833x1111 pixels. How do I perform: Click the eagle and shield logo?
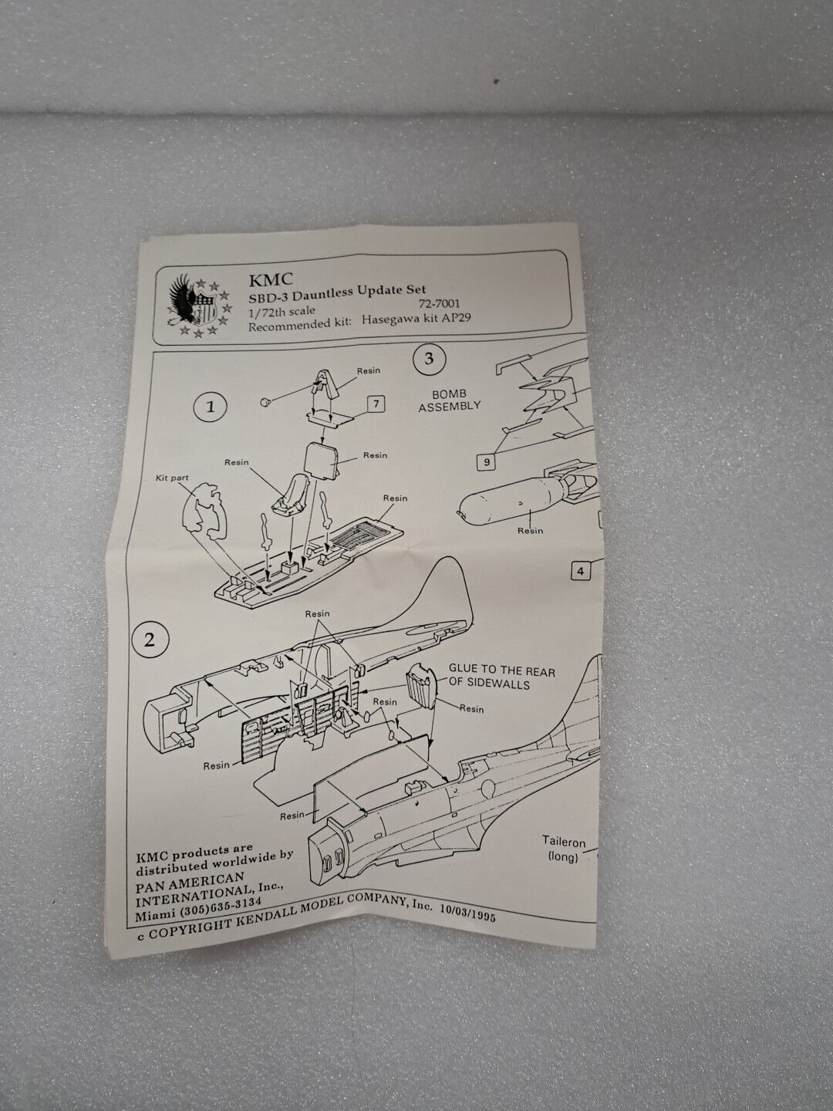click(199, 306)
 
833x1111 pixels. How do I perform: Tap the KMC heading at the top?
click(271, 279)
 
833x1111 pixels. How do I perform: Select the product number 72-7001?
click(439, 304)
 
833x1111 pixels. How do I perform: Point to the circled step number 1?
click(211, 407)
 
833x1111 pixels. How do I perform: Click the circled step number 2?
click(150, 640)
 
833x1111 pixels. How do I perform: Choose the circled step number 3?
click(429, 359)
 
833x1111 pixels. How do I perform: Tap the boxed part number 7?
click(376, 404)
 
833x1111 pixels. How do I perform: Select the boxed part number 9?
click(487, 462)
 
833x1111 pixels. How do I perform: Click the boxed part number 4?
click(581, 572)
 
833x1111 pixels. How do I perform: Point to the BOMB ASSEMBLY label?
click(449, 400)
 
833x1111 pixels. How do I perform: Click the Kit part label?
click(173, 478)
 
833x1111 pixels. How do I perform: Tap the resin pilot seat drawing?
click(292, 494)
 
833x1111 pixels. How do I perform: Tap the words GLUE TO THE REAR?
click(501, 671)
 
